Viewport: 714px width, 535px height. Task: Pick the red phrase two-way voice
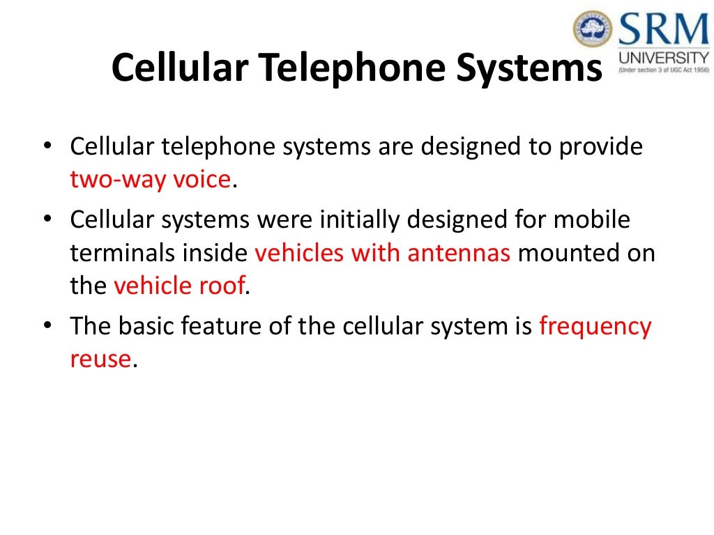151,180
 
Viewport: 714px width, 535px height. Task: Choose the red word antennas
459,254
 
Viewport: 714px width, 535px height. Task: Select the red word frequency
595,327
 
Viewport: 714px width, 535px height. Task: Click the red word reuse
100,359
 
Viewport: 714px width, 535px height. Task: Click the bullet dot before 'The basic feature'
48,327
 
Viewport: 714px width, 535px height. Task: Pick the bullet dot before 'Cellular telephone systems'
48,148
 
